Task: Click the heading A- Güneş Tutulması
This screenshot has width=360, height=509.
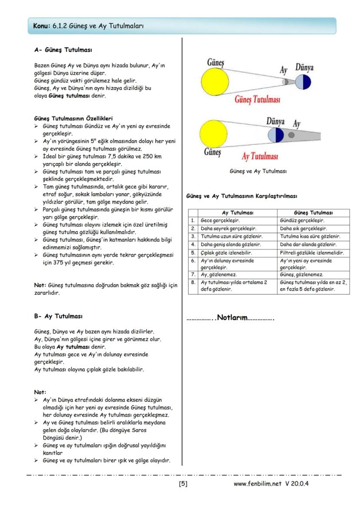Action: [63, 50]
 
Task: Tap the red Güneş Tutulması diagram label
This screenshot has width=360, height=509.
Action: [257, 99]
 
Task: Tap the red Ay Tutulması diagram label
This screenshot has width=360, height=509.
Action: [260, 156]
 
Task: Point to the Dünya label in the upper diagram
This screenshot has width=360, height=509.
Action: [304, 67]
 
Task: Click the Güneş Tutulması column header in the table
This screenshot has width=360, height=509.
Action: [313, 213]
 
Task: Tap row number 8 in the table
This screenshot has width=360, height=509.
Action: [193, 283]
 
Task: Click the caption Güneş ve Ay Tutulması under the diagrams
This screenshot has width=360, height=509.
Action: [258, 171]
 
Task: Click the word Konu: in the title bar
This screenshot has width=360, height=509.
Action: [42, 26]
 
